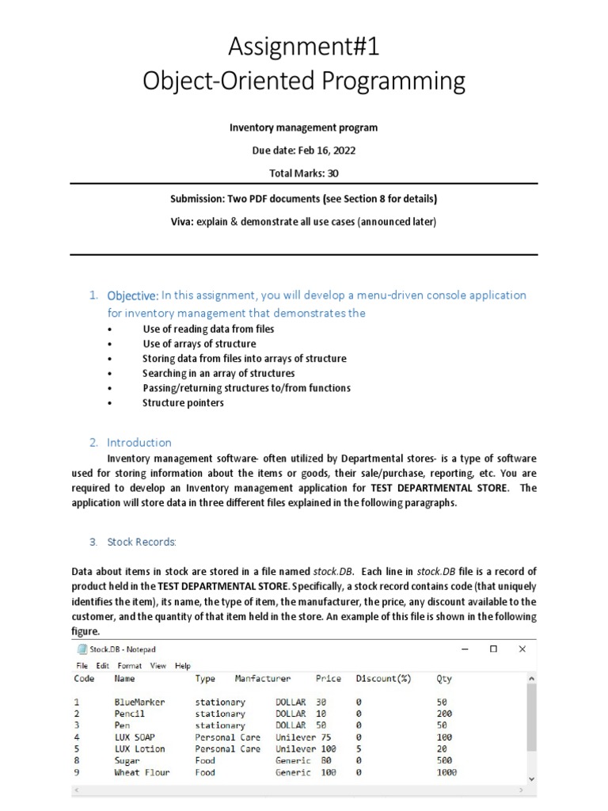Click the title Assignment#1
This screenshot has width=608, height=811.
click(304, 48)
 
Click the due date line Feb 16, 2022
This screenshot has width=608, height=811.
click(304, 150)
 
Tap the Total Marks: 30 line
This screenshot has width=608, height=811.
click(304, 173)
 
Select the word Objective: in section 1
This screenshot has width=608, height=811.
click(133, 295)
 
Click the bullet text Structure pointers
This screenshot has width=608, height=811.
click(183, 403)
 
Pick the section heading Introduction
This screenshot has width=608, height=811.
click(139, 443)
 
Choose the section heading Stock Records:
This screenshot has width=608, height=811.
click(142, 543)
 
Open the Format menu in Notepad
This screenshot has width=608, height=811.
click(130, 666)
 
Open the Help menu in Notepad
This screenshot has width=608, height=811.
click(183, 666)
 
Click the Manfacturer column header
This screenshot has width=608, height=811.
click(263, 679)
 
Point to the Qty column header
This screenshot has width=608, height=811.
click(444, 679)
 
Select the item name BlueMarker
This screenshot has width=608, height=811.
click(139, 702)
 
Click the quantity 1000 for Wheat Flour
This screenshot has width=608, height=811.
click(446, 773)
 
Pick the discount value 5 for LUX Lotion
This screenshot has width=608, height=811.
click(359, 749)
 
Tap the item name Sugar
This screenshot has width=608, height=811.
click(127, 761)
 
